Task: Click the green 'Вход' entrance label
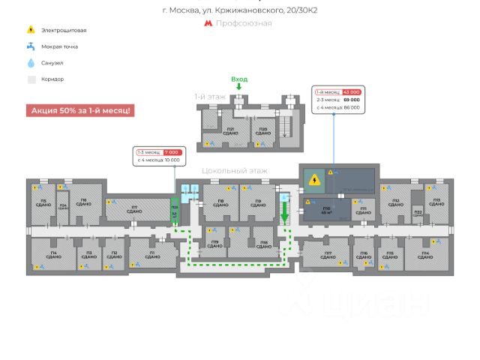pyautogui.click(x=239, y=79)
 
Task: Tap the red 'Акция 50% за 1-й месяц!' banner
pyautogui.click(x=80, y=110)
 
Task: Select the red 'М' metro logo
pyautogui.click(x=208, y=23)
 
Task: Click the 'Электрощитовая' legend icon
pyautogui.click(x=31, y=30)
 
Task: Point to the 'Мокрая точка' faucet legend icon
pyautogui.click(x=31, y=46)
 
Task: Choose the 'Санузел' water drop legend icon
pyautogui.click(x=31, y=63)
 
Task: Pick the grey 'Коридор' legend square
pyautogui.click(x=31, y=79)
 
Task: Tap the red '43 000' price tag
pyautogui.click(x=352, y=91)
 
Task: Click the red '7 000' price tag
pyautogui.click(x=171, y=151)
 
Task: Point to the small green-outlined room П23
pyautogui.click(x=174, y=211)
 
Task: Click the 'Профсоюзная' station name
pyautogui.click(x=244, y=23)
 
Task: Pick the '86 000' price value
pyautogui.click(x=351, y=107)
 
